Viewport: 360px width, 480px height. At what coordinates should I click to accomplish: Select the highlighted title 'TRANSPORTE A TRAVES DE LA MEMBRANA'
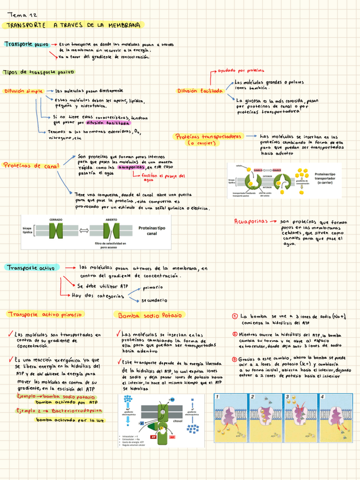coord(74,25)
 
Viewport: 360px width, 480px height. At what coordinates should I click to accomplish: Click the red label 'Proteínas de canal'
coord(31,166)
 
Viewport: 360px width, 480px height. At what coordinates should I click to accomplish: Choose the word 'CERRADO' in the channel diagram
coord(56,218)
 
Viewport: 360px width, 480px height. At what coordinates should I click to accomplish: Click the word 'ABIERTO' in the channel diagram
coord(112,218)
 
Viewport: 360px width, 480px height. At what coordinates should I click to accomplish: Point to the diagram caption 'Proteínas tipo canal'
coord(152,230)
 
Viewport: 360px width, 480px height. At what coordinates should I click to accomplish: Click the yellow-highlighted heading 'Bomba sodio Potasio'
coord(149,315)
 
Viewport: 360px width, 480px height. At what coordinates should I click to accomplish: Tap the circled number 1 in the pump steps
coord(235,316)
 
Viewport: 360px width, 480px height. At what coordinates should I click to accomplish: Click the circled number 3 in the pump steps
coord(235,358)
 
